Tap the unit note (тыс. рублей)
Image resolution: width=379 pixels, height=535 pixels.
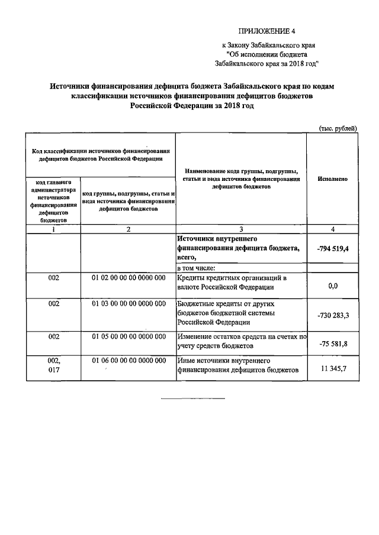tap(338, 129)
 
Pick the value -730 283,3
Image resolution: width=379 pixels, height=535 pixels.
tap(332, 315)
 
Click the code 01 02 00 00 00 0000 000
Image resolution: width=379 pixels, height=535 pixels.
tap(129, 277)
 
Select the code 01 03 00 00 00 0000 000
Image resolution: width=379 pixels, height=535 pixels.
tap(129, 303)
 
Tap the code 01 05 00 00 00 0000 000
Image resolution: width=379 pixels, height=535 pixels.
tap(129, 336)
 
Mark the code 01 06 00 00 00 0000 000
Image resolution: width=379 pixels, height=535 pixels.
tap(129, 360)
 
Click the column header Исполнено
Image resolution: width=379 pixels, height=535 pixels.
tap(332, 178)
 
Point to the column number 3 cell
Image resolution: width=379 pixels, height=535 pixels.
tap(241, 229)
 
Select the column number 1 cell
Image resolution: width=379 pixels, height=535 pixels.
tap(53, 229)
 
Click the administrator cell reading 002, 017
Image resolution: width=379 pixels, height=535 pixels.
tap(53, 365)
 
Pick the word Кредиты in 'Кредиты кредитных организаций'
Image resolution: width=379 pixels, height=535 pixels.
tap(192, 277)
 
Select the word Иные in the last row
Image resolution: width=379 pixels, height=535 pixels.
tap(187, 360)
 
